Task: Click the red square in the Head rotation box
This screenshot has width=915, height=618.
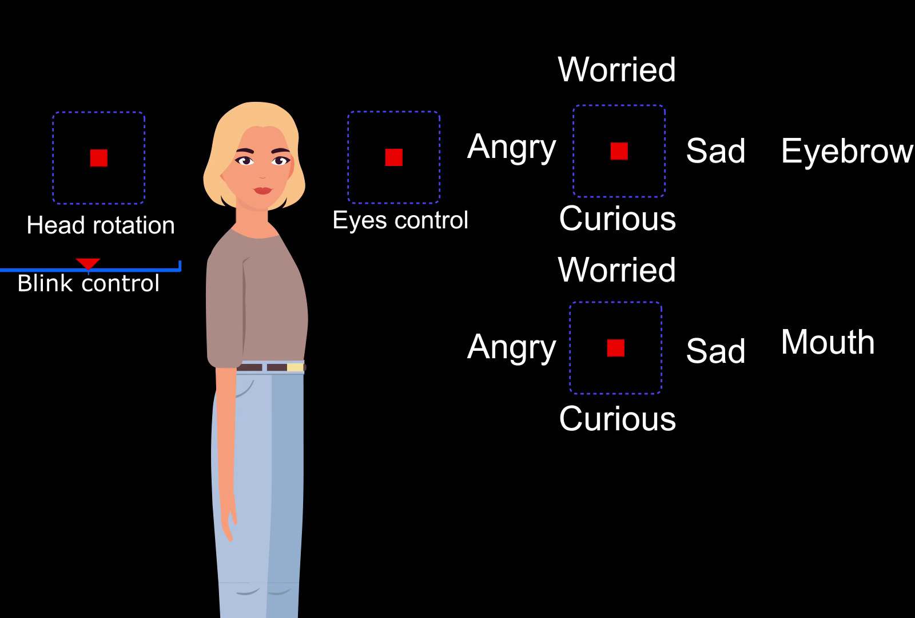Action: [x=99, y=158]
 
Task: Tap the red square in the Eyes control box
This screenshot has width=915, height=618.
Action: [x=394, y=157]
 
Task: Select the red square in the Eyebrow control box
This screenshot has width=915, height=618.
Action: [x=619, y=151]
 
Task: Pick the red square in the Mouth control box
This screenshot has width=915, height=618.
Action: [x=616, y=348]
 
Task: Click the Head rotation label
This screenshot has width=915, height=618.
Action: [x=101, y=225]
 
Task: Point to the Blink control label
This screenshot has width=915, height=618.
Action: [x=88, y=283]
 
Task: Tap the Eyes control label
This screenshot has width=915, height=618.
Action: [x=400, y=221]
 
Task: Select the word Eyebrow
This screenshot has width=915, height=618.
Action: [x=847, y=152]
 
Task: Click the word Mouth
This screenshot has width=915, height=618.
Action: [x=828, y=342]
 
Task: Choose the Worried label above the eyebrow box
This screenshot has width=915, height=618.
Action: [x=617, y=69]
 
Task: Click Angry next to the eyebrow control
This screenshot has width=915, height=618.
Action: [x=512, y=148]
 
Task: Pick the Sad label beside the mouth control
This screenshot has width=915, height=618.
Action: [x=715, y=351]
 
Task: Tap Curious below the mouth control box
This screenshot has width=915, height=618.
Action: [x=618, y=418]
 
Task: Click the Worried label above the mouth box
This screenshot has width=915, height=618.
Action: [x=617, y=270]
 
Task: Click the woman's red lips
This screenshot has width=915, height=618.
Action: [x=262, y=191]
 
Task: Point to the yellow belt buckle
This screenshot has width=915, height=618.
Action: [x=295, y=367]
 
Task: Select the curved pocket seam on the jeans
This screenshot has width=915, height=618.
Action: [x=245, y=389]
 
